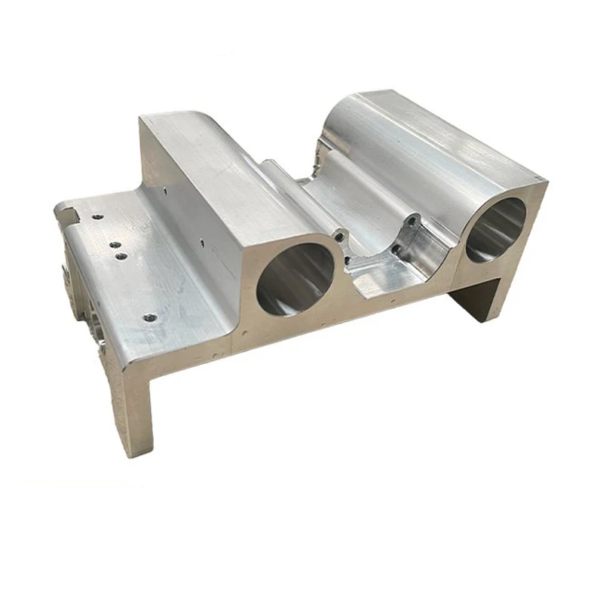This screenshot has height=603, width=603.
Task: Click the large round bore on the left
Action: (295, 277)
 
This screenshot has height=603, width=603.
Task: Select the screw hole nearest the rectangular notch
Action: (96, 216)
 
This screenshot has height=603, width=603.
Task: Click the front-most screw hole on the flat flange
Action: (149, 318)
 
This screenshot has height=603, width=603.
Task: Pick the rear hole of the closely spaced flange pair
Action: (114, 244)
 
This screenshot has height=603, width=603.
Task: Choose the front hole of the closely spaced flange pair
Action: (121, 256)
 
